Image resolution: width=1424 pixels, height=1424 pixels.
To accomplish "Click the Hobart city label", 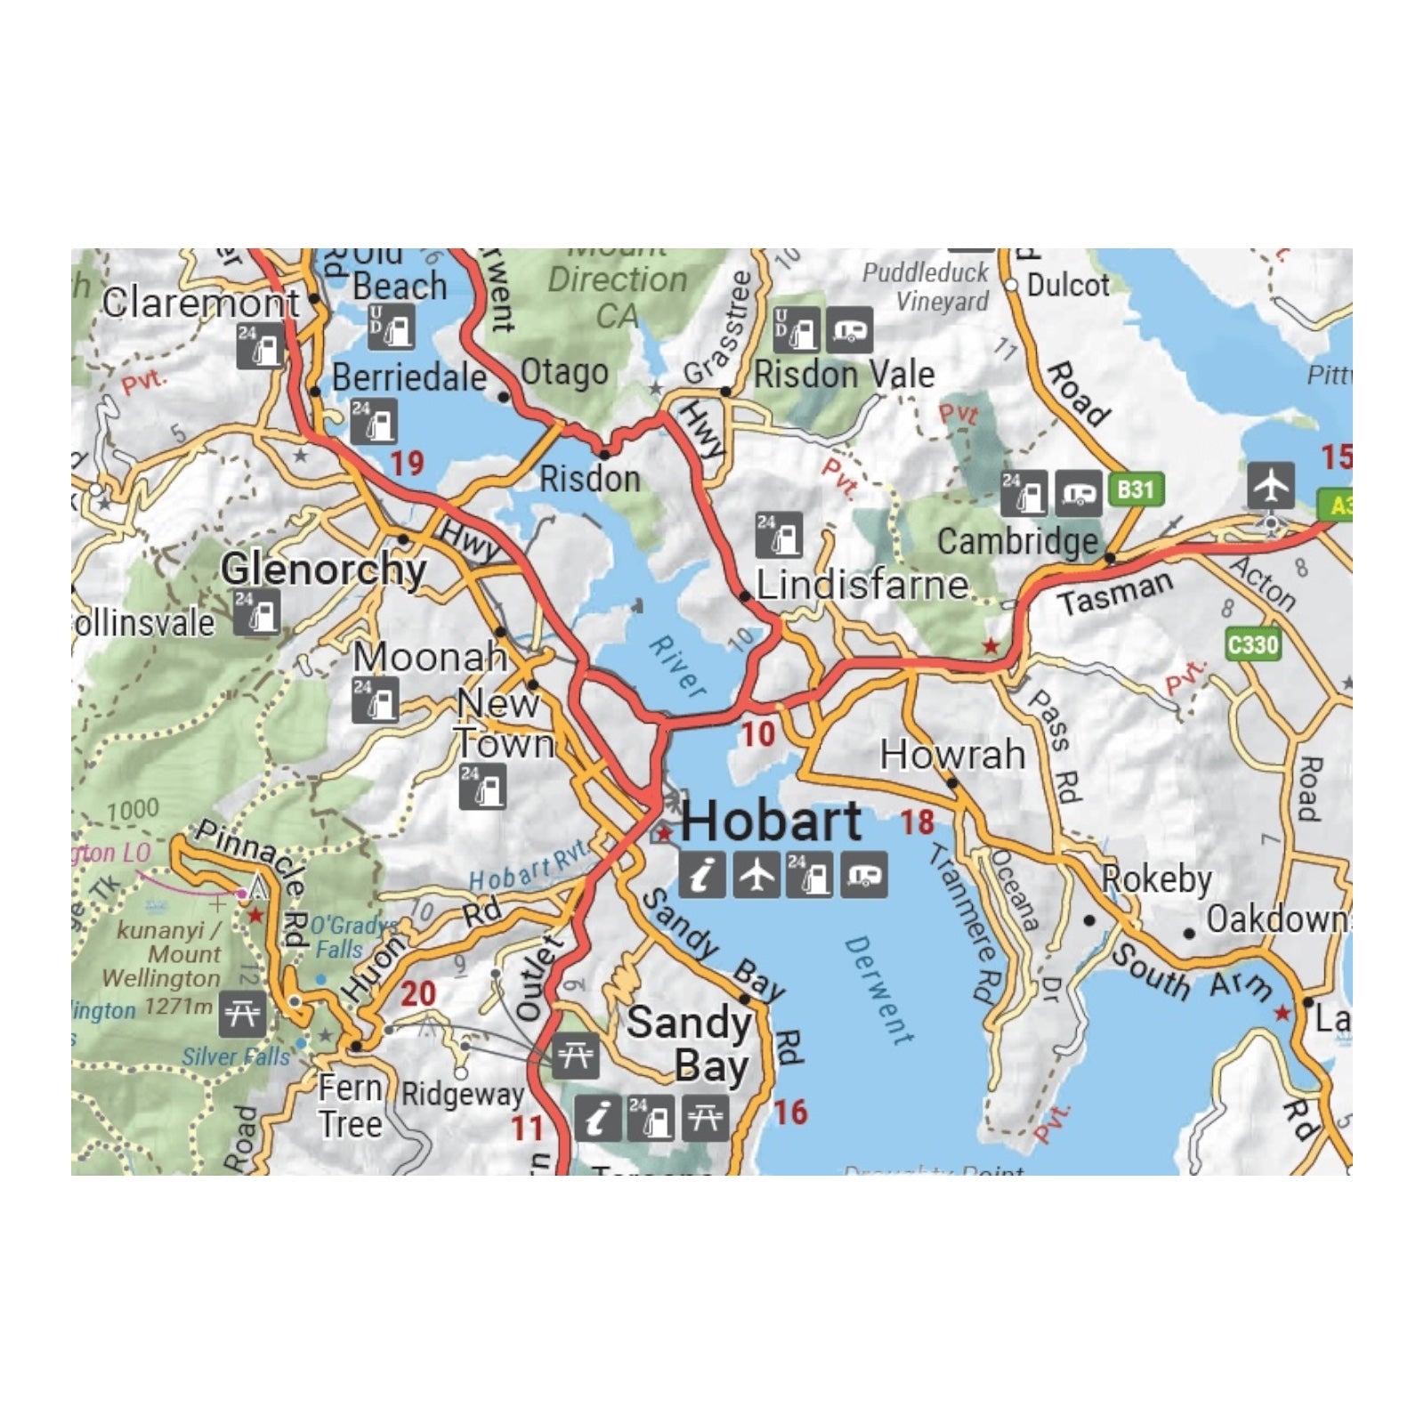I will [771, 821].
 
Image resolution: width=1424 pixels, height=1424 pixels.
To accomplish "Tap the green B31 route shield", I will [1136, 489].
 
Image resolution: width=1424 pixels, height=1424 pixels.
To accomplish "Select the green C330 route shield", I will [1252, 643].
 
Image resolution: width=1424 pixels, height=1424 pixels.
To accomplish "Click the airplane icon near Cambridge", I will [1271, 485].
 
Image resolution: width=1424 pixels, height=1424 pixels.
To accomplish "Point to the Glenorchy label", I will [323, 569].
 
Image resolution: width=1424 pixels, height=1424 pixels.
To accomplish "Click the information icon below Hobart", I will [702, 875].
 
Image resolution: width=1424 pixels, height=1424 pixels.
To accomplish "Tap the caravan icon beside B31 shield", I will [1079, 494].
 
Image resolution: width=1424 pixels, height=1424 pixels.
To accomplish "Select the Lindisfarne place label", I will [862, 586].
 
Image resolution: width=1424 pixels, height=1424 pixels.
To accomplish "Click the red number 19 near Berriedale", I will [407, 464].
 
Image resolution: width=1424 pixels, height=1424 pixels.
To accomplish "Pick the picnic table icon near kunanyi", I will [242, 1014].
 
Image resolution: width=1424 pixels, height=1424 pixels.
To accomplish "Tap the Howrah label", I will [952, 755].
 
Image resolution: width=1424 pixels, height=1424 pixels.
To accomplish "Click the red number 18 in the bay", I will [917, 822].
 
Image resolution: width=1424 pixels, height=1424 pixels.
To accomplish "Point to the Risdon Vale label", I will [844, 375].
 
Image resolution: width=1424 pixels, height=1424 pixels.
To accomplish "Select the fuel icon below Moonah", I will [375, 700].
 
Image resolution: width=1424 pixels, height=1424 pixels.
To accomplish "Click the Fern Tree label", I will [351, 1106].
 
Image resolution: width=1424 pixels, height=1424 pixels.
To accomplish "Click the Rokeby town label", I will [1156, 879].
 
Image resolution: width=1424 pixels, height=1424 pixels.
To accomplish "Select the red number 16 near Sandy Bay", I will [789, 1112].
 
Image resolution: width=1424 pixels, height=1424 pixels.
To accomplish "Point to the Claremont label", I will [200, 303].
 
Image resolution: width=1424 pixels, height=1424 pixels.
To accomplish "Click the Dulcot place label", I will [1067, 286].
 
